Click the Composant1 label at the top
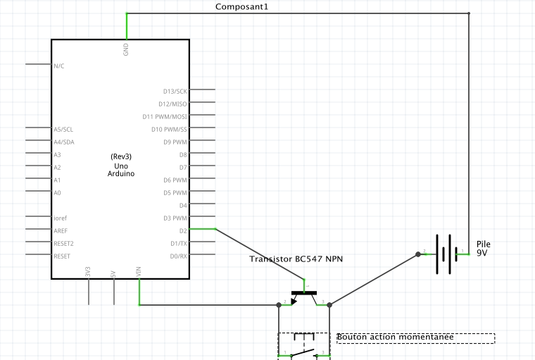click(241, 6)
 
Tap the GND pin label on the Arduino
click(126, 49)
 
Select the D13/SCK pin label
click(175, 91)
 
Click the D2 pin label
click(183, 230)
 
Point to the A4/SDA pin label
click(63, 142)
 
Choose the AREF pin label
click(61, 230)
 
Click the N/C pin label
click(59, 66)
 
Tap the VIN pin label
click(139, 271)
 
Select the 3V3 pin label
click(88, 271)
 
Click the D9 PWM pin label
click(175, 142)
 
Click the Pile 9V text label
click(483, 247)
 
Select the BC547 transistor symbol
click(304, 295)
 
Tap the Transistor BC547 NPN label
click(296, 259)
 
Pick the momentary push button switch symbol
click(304, 347)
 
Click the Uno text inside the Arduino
click(121, 165)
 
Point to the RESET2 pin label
click(63, 243)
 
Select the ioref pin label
click(61, 218)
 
